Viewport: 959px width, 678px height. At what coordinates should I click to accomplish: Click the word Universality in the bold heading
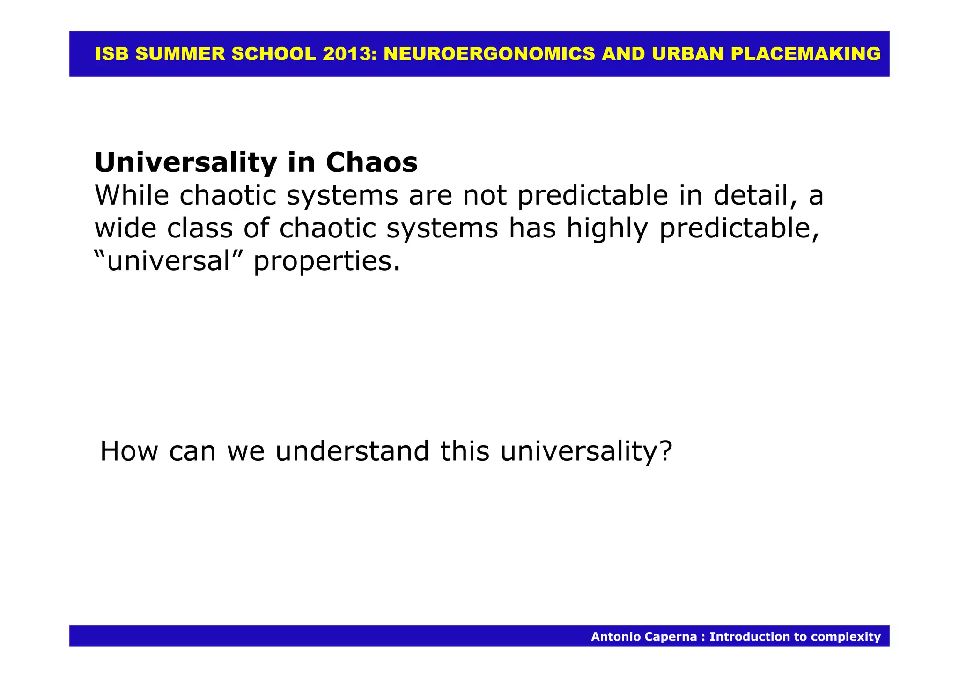click(x=185, y=163)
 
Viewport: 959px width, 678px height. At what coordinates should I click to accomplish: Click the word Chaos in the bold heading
click(x=371, y=163)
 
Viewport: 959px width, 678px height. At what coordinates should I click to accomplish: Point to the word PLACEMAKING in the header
click(x=805, y=54)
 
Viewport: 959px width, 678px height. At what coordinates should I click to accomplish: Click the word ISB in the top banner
click(x=111, y=54)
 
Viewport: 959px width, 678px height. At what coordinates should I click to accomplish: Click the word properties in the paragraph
click(x=326, y=262)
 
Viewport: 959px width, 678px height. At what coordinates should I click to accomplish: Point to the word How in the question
click(x=129, y=451)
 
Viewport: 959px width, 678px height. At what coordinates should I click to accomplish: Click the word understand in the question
click(x=352, y=451)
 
